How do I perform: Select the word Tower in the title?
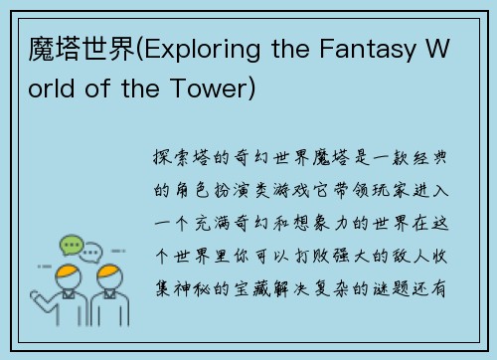point(216,90)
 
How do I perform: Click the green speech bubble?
point(72,245)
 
